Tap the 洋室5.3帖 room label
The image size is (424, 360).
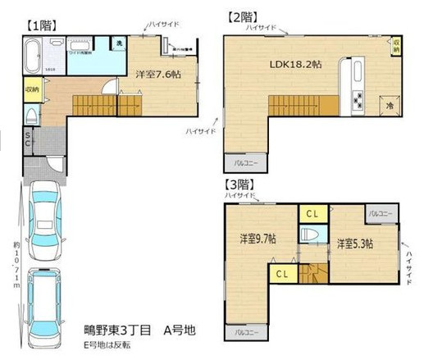[354, 244]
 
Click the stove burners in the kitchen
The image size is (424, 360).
[358, 102]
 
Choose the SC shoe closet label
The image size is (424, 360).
[28, 139]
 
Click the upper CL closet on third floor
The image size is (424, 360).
[312, 212]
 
